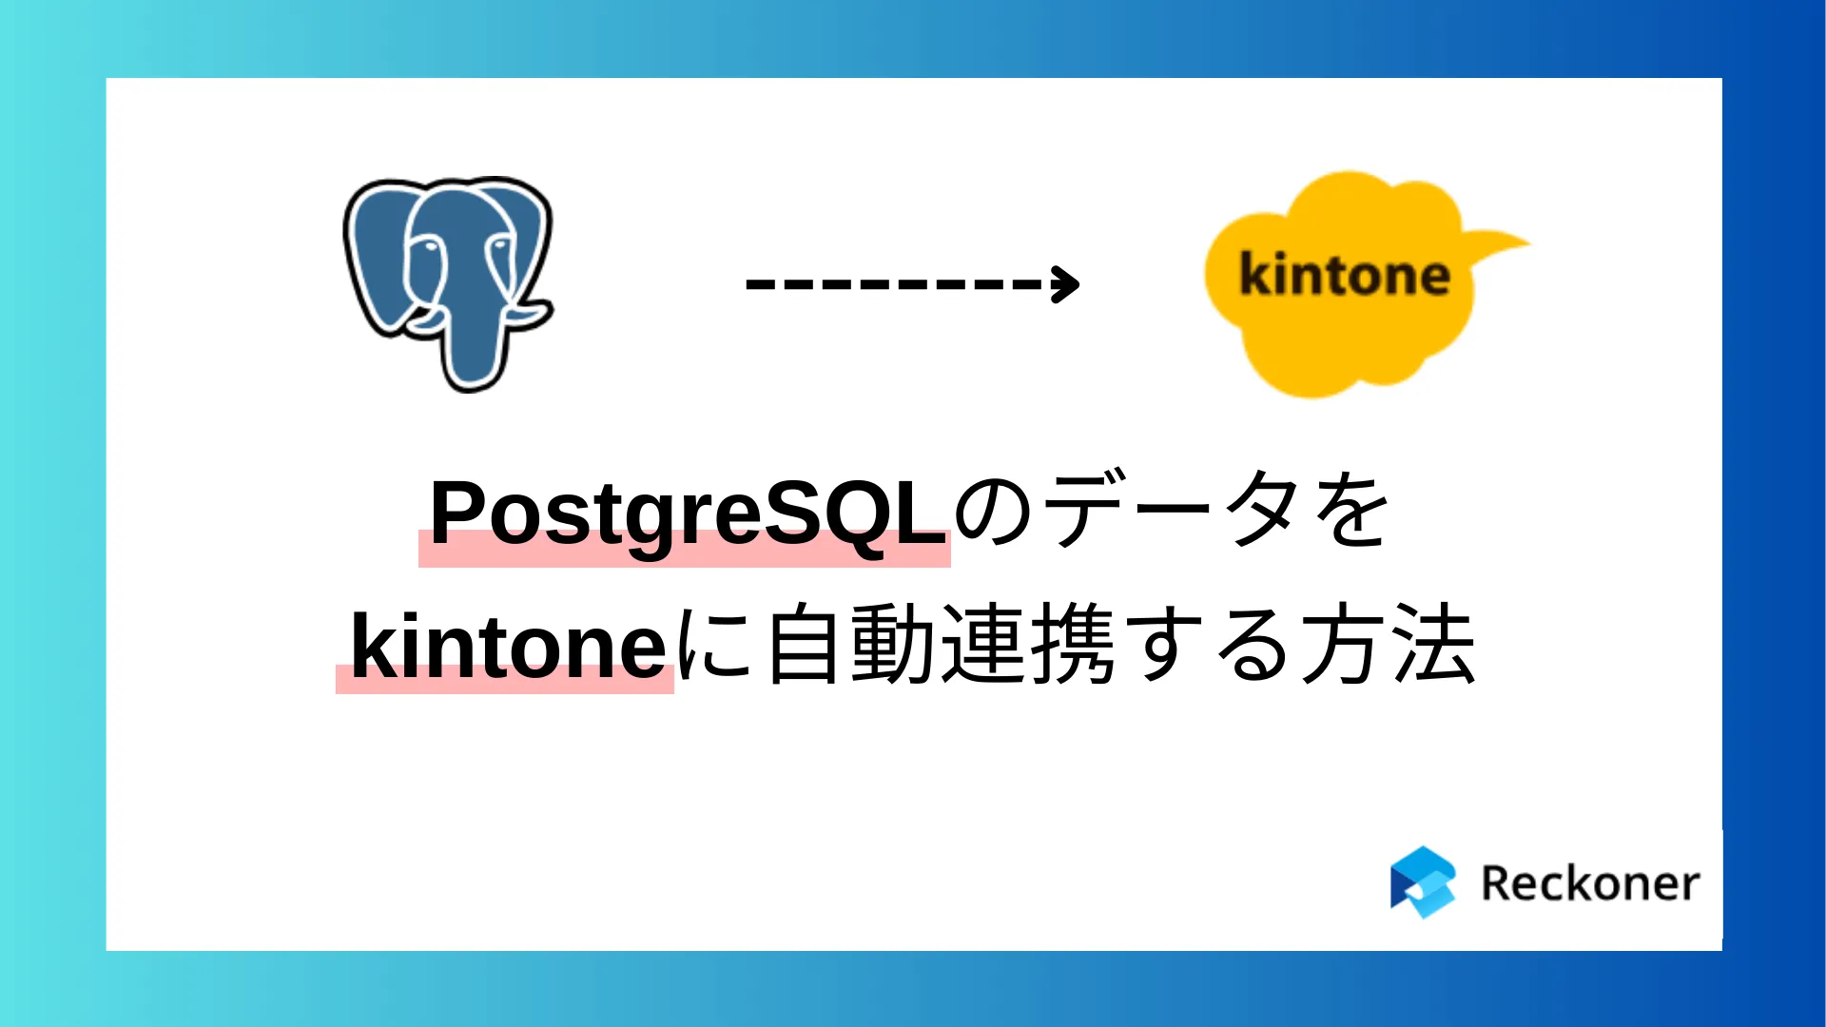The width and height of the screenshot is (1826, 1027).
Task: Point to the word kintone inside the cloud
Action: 1345,276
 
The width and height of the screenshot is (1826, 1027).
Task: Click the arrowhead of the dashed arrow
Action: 1067,283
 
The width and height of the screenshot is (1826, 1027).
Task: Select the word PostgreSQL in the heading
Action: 688,513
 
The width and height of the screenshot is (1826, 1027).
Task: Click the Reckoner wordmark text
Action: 1590,883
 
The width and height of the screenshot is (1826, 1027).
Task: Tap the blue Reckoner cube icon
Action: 1423,882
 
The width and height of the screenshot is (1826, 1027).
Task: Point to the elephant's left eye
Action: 428,246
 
